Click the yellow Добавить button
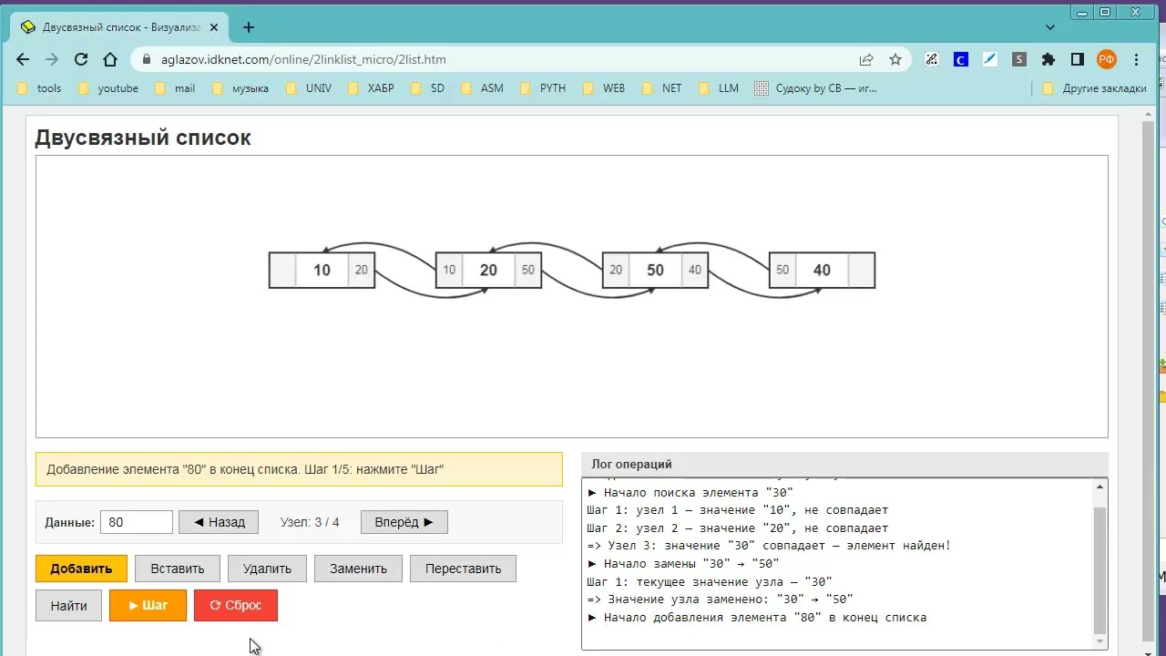tap(81, 568)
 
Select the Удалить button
tap(267, 568)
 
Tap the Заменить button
tap(358, 568)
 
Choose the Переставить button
tap(463, 568)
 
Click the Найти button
tap(68, 605)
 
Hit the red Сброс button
tap(236, 605)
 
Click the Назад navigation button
tap(219, 522)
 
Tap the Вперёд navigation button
tap(404, 522)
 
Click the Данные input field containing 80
tap(137, 522)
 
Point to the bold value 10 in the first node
tap(322, 271)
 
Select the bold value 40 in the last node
tap(822, 271)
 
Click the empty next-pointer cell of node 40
tap(862, 271)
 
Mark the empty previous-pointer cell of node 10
tap(282, 271)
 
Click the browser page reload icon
tap(81, 59)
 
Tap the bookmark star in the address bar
tap(895, 59)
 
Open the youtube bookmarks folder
tap(108, 88)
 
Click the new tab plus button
tap(249, 27)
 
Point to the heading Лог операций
tap(631, 464)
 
